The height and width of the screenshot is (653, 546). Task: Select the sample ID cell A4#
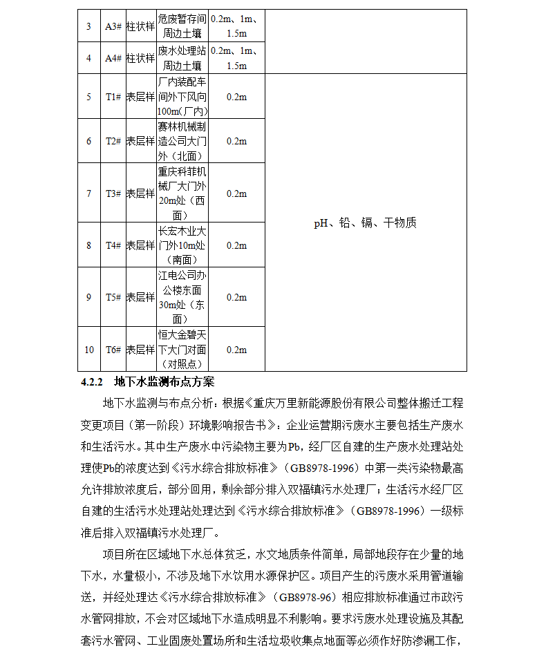pos(113,58)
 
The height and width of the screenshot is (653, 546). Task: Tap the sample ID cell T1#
pos(113,97)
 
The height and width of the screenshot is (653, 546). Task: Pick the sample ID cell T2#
pos(113,141)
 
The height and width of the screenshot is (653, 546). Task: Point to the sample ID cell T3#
pos(113,193)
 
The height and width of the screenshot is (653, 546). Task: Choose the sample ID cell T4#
pos(113,245)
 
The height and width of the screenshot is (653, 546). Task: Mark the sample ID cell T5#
pos(113,297)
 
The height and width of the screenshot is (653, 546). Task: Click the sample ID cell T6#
pos(113,350)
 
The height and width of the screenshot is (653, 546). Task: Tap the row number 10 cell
pos(89,350)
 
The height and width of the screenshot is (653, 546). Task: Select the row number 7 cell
pos(89,193)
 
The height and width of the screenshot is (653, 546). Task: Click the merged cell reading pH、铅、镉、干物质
pos(366,223)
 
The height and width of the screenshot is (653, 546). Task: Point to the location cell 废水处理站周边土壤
pos(182,58)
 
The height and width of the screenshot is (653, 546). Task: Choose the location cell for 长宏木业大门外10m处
pos(182,245)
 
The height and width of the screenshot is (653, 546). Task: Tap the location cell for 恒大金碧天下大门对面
pos(182,350)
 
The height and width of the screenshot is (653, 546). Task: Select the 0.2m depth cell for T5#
pos(237,297)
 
